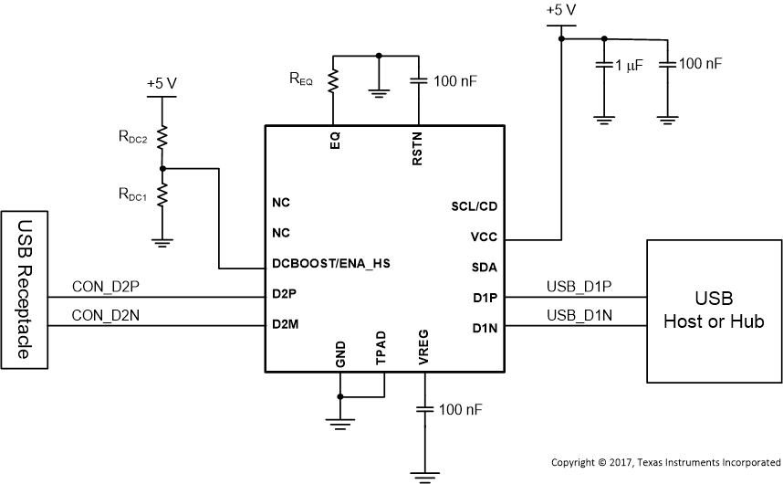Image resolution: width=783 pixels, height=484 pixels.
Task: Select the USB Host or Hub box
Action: (713, 310)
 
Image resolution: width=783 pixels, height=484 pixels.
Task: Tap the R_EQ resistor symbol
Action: (334, 81)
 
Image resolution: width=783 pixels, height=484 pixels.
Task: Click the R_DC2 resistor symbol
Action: (162, 138)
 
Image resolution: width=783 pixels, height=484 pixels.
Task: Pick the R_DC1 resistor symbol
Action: (162, 195)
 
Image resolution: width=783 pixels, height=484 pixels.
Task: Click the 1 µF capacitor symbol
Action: (602, 65)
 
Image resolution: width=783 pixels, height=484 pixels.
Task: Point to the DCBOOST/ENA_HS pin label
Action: (330, 264)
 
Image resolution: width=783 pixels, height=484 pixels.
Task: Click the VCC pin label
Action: (484, 236)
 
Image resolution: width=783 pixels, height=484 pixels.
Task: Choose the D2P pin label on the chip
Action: (285, 294)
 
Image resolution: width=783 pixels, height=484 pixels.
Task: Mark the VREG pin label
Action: (423, 352)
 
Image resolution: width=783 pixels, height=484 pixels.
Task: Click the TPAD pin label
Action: (381, 353)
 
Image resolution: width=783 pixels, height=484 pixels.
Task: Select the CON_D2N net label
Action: (105, 316)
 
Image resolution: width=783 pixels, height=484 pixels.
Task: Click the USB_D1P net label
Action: (579, 287)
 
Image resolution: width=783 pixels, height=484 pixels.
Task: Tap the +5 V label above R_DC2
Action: (162, 83)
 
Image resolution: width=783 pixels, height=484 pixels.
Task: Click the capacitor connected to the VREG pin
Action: (423, 409)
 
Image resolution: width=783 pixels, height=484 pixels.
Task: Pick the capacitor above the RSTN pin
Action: (418, 81)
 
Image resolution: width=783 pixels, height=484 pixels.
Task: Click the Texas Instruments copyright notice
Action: (665, 462)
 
